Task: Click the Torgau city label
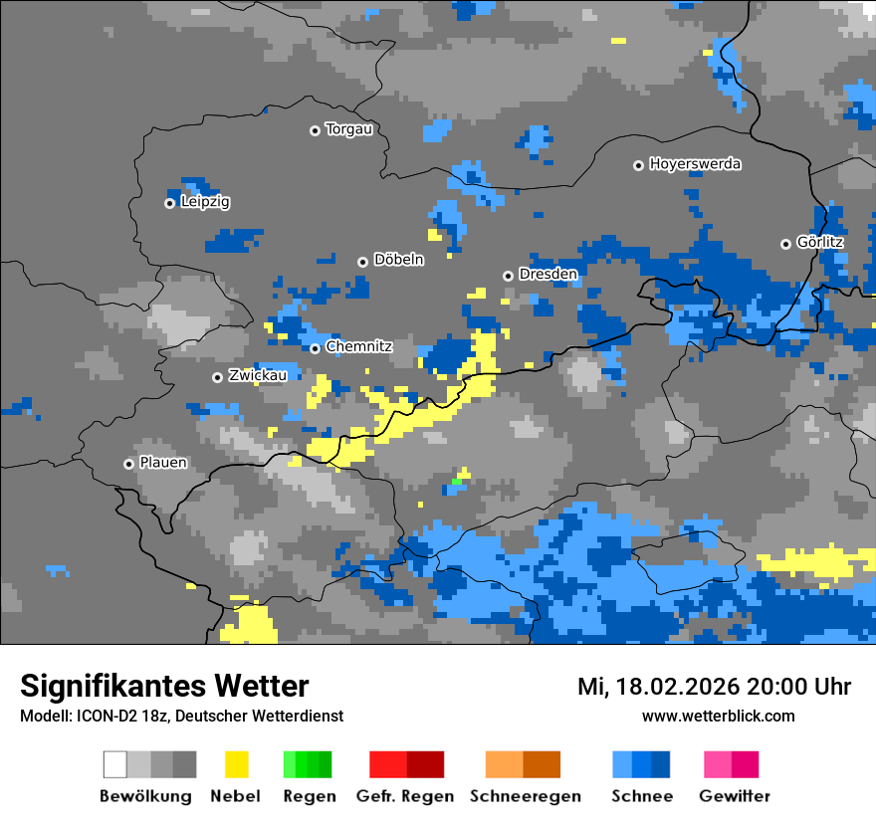pyautogui.click(x=348, y=129)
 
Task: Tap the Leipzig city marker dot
pyautogui.click(x=169, y=203)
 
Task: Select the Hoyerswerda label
pyautogui.click(x=695, y=164)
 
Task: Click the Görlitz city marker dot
pyautogui.click(x=785, y=244)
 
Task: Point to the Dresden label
pyautogui.click(x=547, y=274)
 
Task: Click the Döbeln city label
pyautogui.click(x=398, y=260)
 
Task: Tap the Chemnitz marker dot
pyautogui.click(x=315, y=348)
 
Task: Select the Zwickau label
pyautogui.click(x=258, y=375)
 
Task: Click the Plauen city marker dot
pyautogui.click(x=128, y=464)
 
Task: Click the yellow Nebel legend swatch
pyautogui.click(x=236, y=764)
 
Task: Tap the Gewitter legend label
pyautogui.click(x=734, y=796)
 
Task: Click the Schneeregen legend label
pyautogui.click(x=525, y=796)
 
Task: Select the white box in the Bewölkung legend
pyautogui.click(x=114, y=764)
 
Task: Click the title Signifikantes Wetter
pyautogui.click(x=164, y=686)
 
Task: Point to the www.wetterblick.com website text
pyautogui.click(x=718, y=717)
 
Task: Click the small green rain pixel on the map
pyautogui.click(x=457, y=482)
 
